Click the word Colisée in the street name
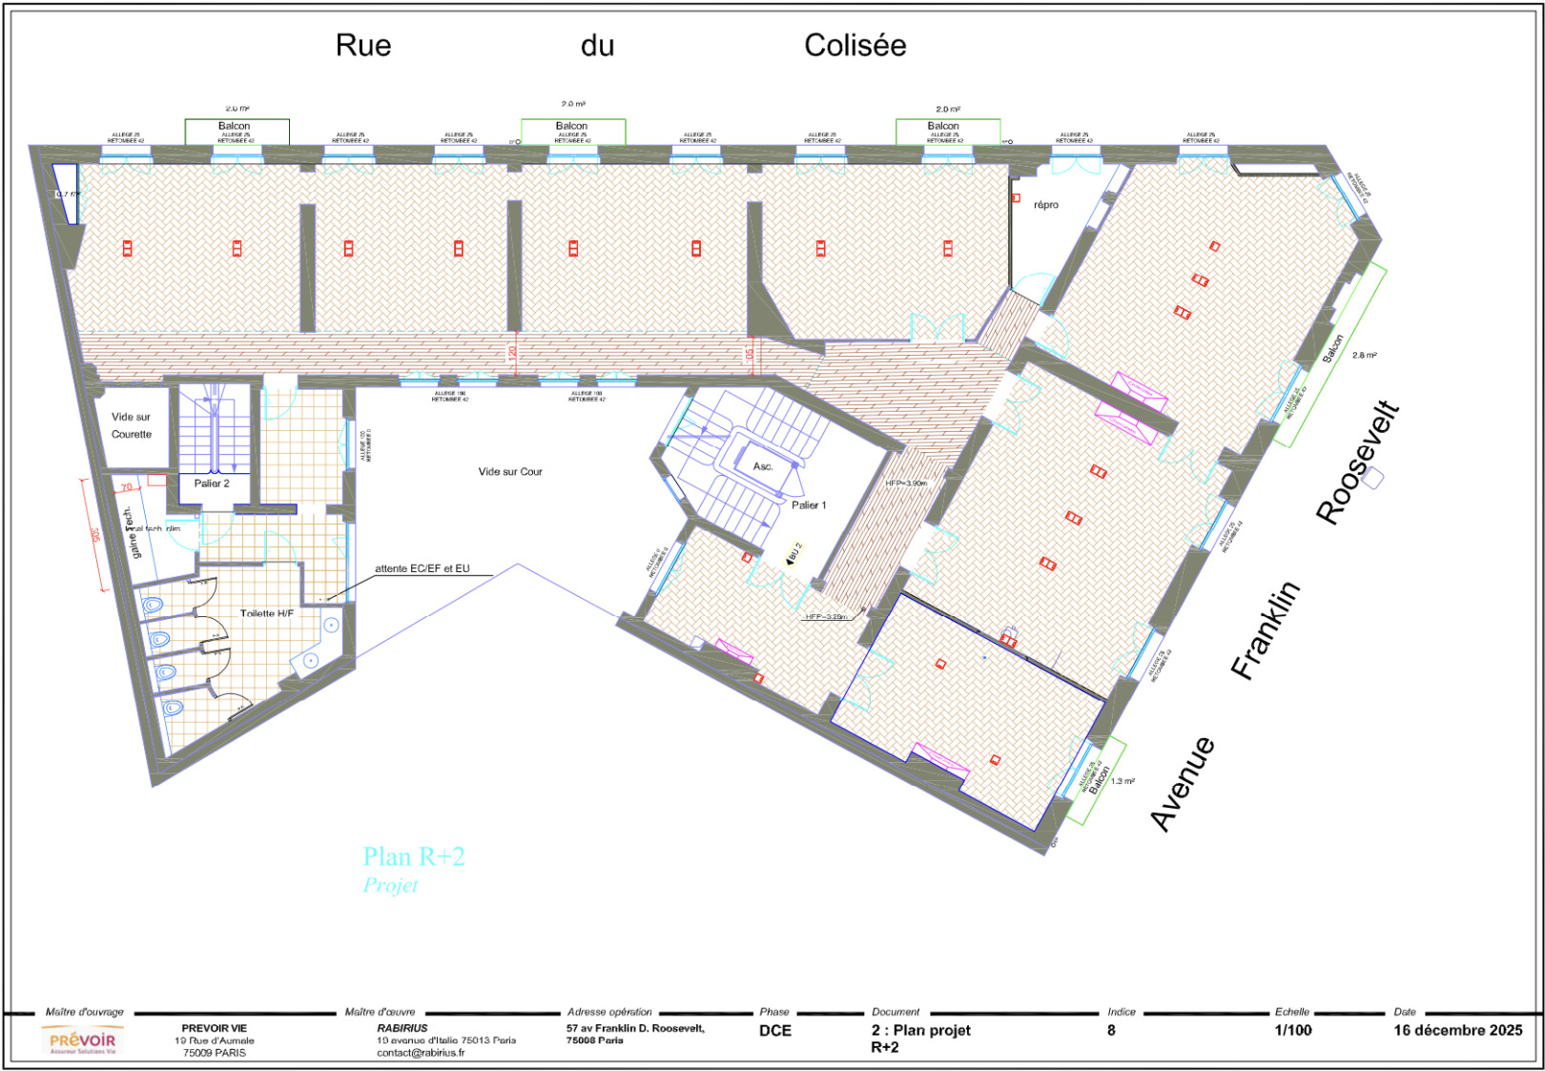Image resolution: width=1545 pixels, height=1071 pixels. (855, 45)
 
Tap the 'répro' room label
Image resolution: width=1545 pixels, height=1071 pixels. (1045, 205)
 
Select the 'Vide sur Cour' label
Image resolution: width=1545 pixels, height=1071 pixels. (510, 471)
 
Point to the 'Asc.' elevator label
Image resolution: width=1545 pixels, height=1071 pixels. (763, 466)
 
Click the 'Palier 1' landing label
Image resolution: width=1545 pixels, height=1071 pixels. (809, 505)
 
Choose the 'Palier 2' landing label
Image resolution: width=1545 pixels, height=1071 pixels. (212, 484)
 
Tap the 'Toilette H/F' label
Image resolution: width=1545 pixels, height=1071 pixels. (267, 613)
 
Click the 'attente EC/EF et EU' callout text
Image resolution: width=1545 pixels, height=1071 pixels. (422, 568)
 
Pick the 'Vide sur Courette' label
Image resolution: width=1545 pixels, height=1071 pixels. (132, 425)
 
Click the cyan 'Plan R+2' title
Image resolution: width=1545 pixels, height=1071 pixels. (414, 856)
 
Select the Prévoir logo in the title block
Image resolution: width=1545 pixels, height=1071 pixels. (83, 1040)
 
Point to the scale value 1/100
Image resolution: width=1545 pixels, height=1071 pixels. (1292, 1030)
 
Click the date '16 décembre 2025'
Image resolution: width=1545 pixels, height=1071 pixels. (1457, 1030)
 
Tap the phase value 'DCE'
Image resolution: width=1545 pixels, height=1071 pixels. (775, 1030)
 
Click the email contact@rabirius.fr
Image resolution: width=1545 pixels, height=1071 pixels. (421, 1053)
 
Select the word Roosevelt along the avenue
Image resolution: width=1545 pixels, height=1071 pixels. (1358, 463)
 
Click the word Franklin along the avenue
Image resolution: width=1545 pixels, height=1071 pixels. (1266, 629)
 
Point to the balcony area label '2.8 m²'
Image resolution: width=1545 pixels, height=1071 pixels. (1364, 355)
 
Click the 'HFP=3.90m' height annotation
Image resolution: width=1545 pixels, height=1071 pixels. (905, 484)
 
